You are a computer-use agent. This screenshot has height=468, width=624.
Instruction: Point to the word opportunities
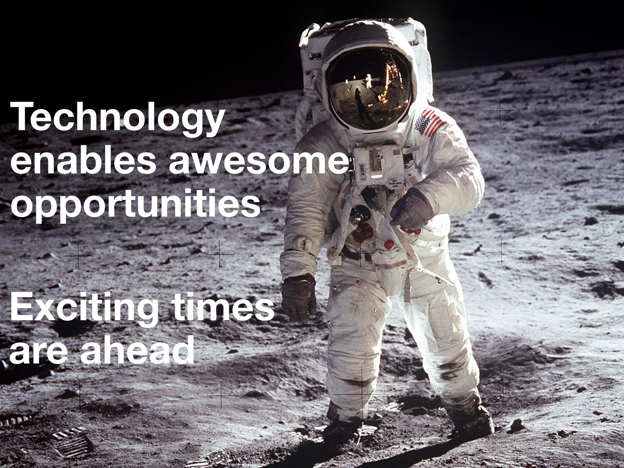[136, 204]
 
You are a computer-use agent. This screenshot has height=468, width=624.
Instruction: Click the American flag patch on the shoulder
[430, 124]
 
